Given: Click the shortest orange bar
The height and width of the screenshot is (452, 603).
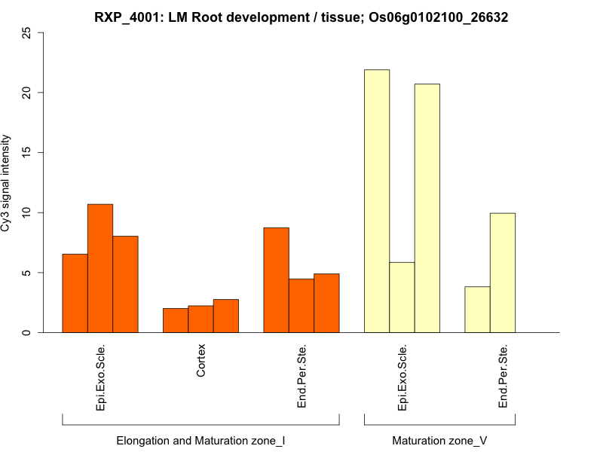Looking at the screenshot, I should (176, 320).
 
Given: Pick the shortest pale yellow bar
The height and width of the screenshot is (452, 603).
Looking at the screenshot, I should (477, 310).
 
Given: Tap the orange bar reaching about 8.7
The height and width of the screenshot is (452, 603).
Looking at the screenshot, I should (276, 280).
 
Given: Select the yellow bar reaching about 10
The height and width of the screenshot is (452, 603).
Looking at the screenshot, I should (502, 273).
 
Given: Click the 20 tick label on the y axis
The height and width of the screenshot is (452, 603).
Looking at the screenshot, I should (28, 93).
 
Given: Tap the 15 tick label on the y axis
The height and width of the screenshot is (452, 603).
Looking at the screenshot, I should (28, 153).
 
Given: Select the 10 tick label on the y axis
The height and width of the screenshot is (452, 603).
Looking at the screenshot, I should (28, 212).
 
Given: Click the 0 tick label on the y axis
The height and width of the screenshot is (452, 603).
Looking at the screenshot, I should (28, 332).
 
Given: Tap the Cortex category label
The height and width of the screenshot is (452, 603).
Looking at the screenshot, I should (201, 361).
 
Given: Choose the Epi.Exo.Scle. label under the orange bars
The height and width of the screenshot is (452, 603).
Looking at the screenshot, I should (101, 377).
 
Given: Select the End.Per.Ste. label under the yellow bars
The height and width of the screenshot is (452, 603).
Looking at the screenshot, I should (503, 376).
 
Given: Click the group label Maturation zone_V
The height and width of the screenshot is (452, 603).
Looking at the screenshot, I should (439, 440).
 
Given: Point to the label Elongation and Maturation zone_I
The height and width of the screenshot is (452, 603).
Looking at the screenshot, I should (200, 440).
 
